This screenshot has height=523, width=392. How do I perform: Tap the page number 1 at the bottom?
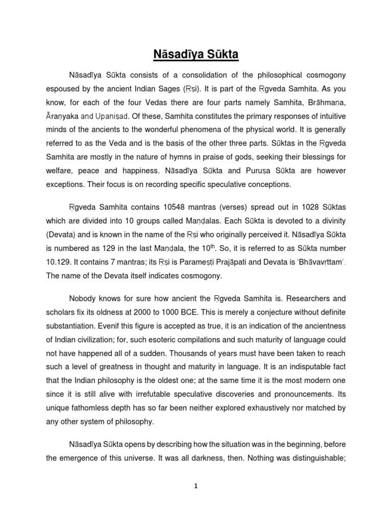pyautogui.click(x=195, y=486)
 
